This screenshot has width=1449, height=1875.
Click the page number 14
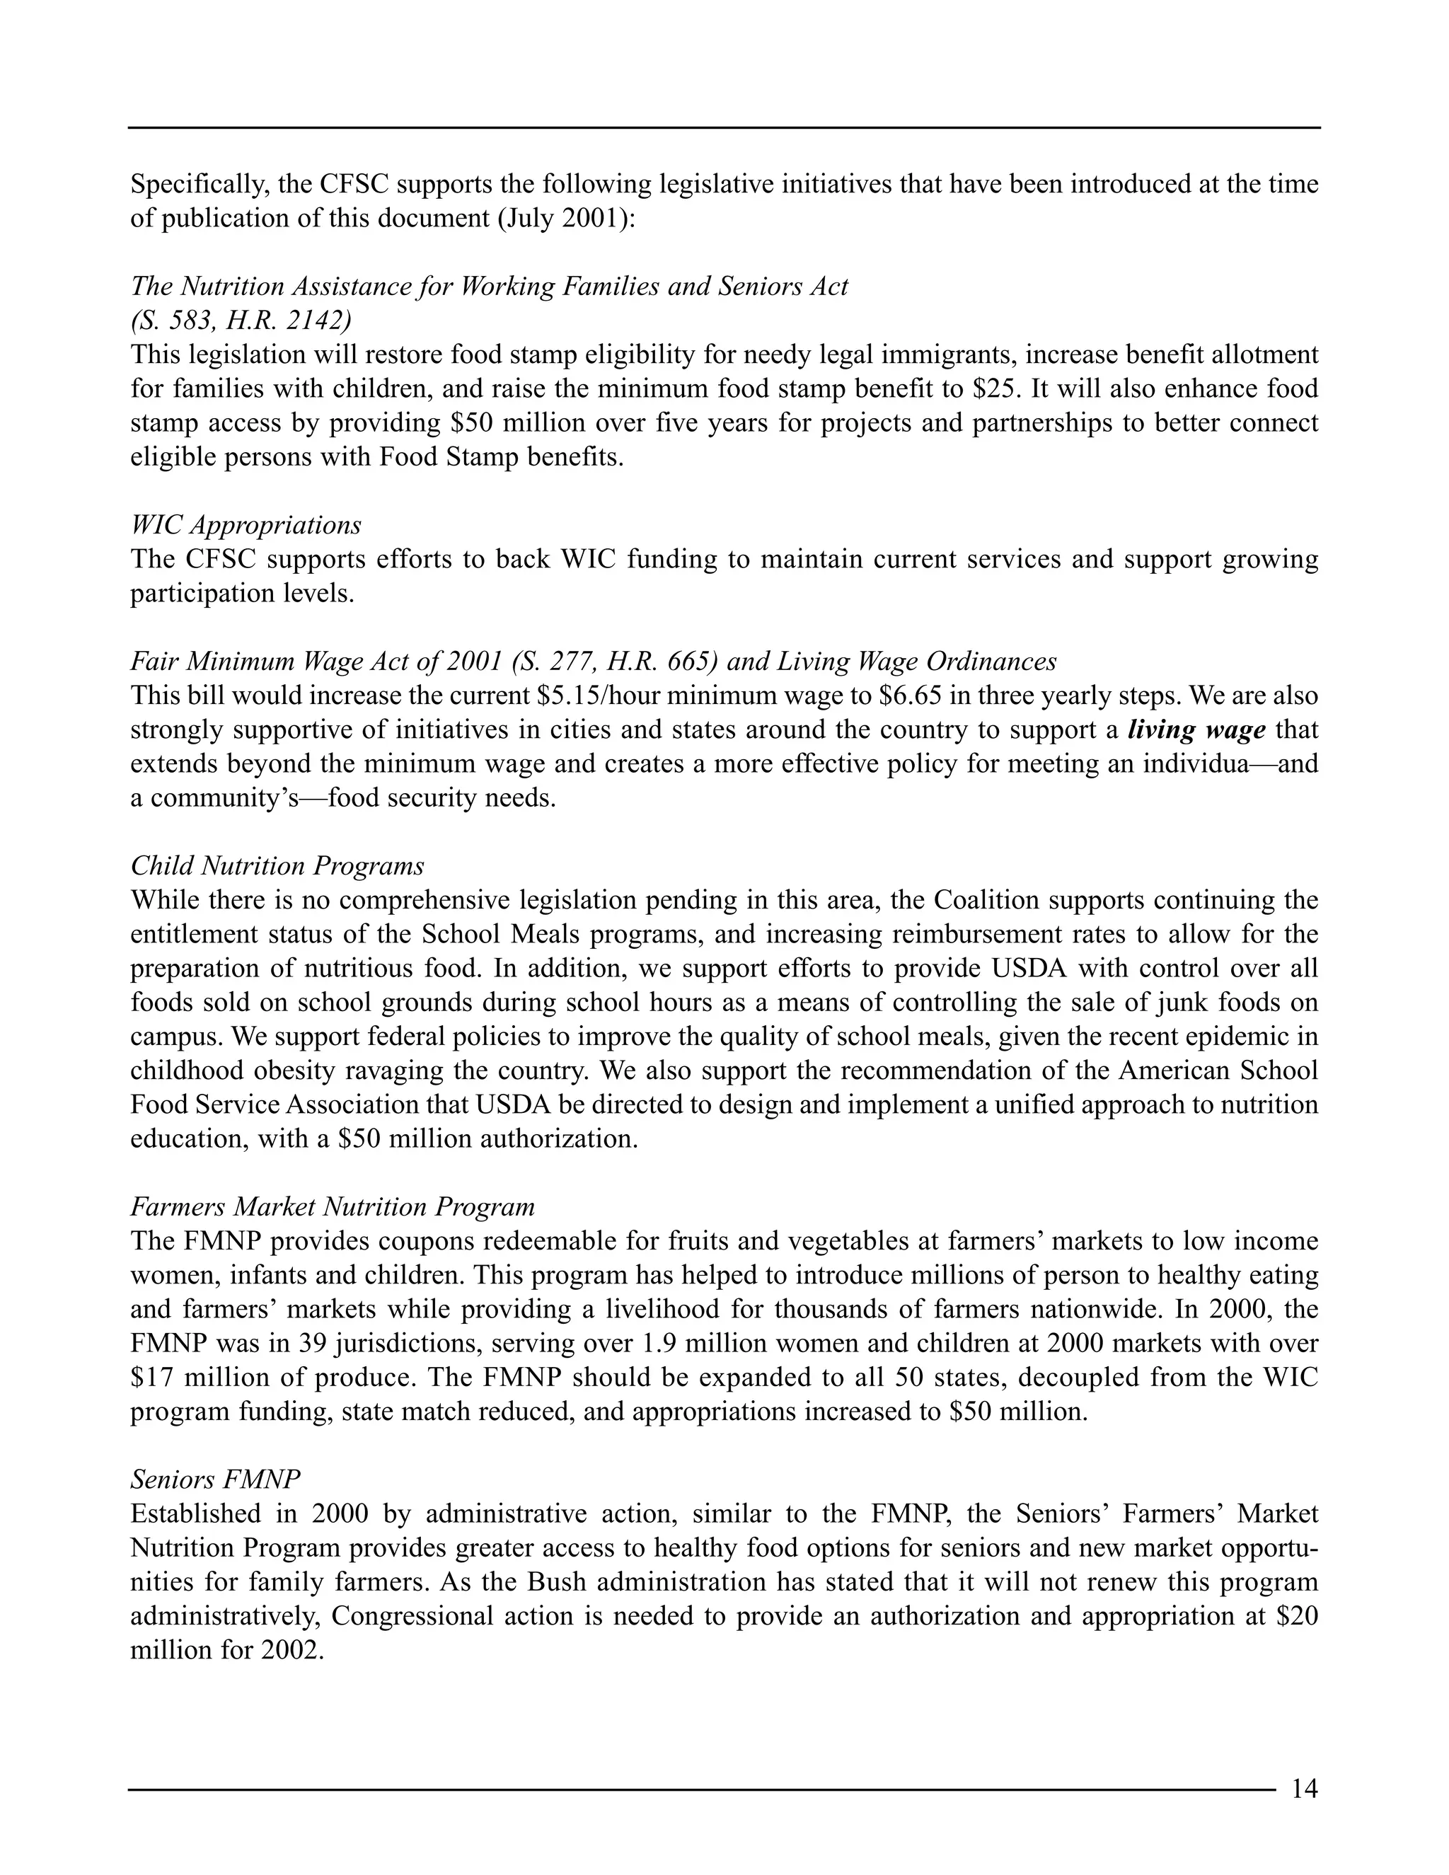click(x=1304, y=1787)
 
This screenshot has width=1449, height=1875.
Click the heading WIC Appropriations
click(x=246, y=524)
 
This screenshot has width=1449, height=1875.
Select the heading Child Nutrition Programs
click(x=277, y=865)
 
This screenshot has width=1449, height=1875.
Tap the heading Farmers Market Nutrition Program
click(x=333, y=1207)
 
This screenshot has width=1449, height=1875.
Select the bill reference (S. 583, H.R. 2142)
click(x=241, y=321)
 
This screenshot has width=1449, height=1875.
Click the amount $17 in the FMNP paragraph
click(x=153, y=1378)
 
